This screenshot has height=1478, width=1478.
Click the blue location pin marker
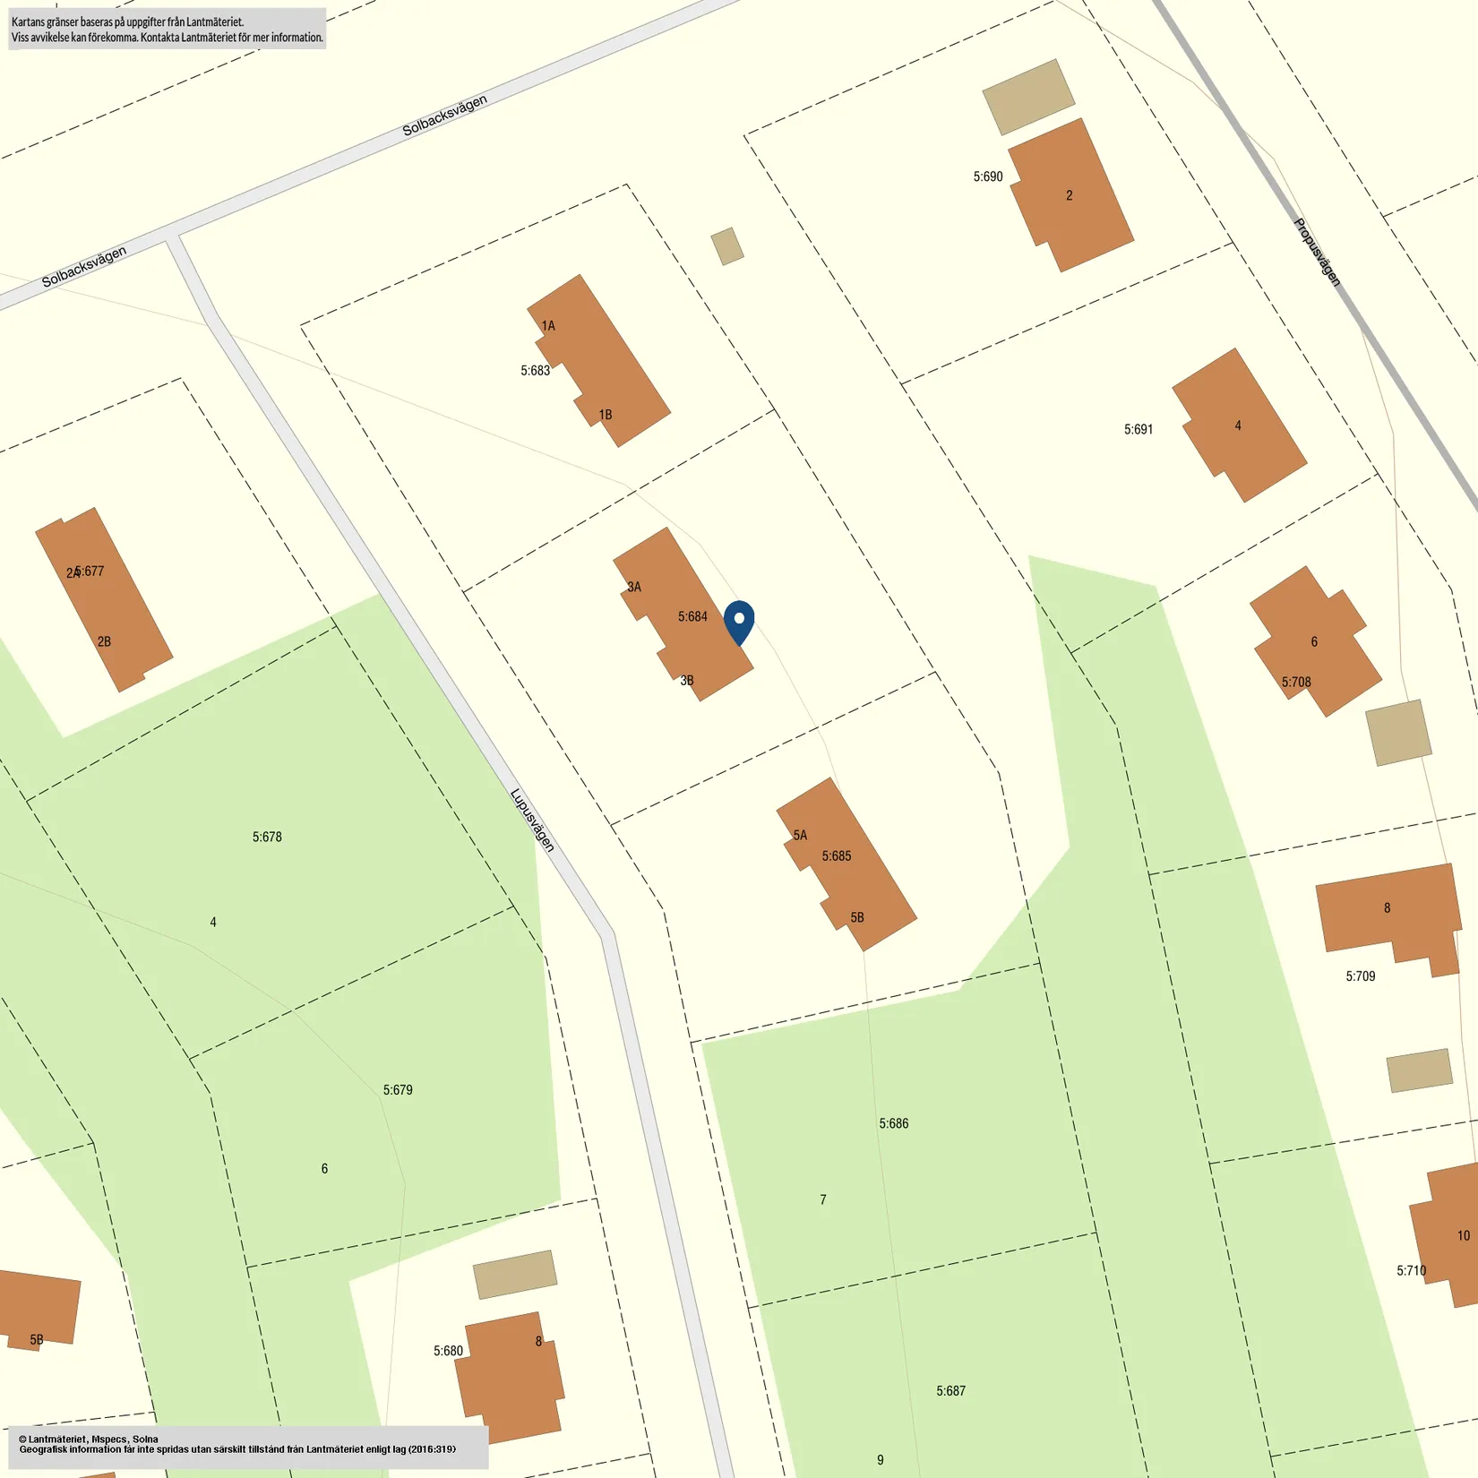point(739,621)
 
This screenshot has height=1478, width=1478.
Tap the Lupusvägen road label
point(532,820)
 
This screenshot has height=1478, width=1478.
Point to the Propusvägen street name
point(1317,252)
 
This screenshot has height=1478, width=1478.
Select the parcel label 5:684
point(692,616)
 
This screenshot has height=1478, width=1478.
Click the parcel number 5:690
point(988,176)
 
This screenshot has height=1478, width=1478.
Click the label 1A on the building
point(548,326)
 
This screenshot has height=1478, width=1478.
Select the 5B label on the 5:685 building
point(857,917)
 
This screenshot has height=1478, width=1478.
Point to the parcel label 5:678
point(267,837)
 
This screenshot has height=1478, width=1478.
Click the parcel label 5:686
point(893,1123)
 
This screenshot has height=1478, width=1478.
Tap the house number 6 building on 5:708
point(1315,641)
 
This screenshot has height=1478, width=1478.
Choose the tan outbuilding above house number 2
point(1028,96)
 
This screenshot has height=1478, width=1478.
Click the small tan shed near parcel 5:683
point(727,246)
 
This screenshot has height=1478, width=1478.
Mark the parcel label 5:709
point(1360,976)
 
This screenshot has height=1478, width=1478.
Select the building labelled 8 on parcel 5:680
point(510,1375)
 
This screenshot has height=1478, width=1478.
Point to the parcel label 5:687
point(950,1391)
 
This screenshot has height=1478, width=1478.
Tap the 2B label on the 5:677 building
point(104,641)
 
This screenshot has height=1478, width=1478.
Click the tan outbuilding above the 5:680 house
point(514,1274)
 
